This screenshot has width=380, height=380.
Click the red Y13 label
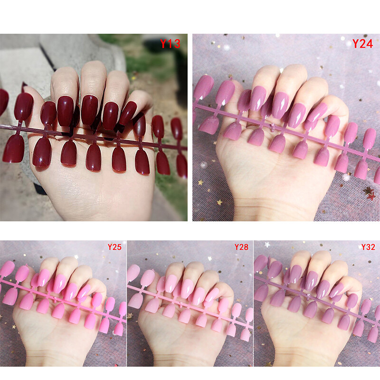coord(170,44)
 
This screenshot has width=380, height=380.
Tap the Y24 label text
coord(362,44)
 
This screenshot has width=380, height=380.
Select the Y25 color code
coord(114,247)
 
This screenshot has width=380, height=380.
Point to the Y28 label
coord(241,247)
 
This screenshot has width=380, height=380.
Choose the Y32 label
coord(368,247)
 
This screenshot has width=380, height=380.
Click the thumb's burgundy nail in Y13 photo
coord(127,113)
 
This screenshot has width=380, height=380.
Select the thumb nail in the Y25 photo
coord(85,290)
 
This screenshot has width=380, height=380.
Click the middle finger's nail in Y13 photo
coord(89,110)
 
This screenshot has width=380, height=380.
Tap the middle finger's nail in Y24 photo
coord(280,105)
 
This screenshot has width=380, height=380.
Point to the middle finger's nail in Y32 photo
coord(311,280)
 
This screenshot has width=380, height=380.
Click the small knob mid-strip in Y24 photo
coord(273,127)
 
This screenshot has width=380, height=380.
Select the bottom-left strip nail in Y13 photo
coord(13,149)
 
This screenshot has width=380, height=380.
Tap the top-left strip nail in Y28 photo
coord(133,273)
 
